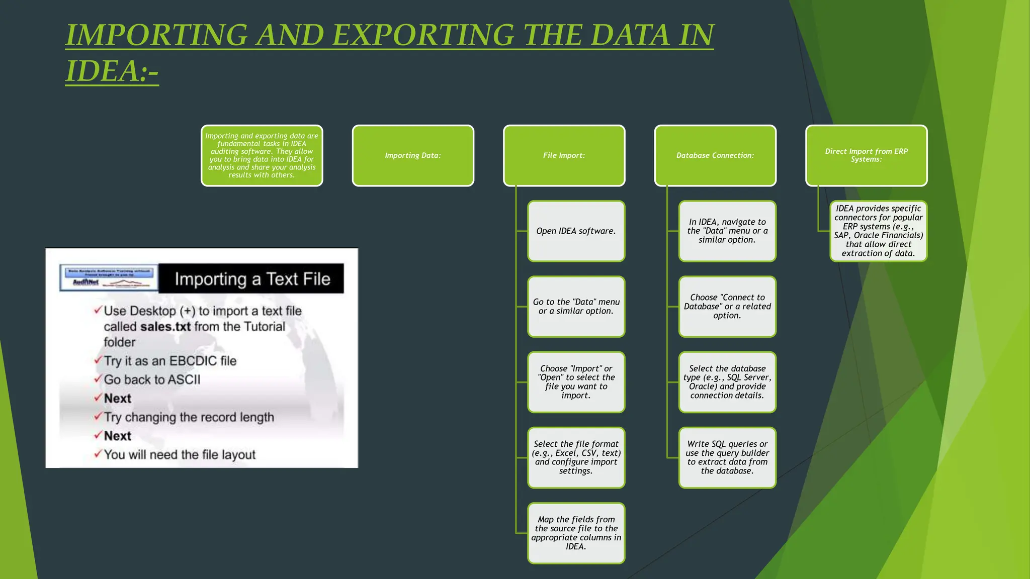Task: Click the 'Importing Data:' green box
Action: click(413, 156)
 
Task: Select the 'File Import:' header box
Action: click(564, 156)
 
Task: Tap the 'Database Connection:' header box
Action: click(715, 156)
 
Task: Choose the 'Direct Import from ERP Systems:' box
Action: click(866, 156)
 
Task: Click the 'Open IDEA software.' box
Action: click(576, 231)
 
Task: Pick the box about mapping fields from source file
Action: click(576, 533)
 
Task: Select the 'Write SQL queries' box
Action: click(727, 457)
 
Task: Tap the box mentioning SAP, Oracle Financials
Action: click(878, 231)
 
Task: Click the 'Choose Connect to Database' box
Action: click(727, 307)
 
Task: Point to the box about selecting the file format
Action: click(576, 457)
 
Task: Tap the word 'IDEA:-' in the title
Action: click(112, 71)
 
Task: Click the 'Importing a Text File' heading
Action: click(252, 279)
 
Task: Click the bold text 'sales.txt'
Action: click(165, 327)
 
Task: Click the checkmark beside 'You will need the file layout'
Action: click(98, 454)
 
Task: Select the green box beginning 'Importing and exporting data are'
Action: click(262, 156)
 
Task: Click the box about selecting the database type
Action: click(727, 382)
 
